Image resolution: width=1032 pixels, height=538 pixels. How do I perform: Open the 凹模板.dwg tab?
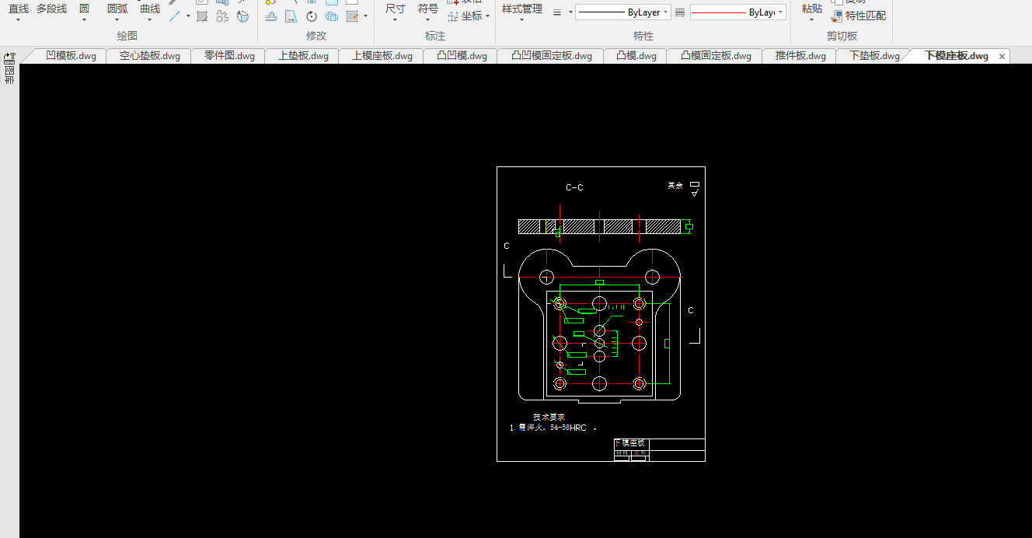click(x=71, y=56)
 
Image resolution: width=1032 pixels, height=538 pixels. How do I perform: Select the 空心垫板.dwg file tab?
click(x=149, y=56)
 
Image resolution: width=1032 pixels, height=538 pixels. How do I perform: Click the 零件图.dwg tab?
click(x=229, y=56)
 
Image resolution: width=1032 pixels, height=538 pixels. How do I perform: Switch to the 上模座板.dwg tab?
click(x=382, y=56)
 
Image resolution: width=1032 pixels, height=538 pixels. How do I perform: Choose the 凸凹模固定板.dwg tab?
click(x=552, y=56)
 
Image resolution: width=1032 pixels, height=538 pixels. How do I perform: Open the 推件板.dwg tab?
click(x=800, y=56)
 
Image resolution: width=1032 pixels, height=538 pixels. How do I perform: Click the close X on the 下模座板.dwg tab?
click(x=1002, y=56)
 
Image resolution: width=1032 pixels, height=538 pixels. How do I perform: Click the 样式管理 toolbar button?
click(x=522, y=9)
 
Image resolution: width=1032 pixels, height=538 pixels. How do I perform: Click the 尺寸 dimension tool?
click(x=395, y=9)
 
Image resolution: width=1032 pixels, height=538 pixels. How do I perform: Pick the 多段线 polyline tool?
click(x=51, y=9)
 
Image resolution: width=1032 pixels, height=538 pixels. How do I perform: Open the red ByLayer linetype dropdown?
click(x=780, y=12)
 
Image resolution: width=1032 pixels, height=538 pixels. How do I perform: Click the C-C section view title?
click(x=574, y=187)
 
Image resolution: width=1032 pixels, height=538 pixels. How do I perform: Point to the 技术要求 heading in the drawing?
click(x=549, y=417)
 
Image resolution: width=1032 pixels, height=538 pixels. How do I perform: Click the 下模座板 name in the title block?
click(x=632, y=442)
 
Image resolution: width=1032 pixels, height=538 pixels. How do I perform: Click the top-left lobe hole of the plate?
click(x=546, y=277)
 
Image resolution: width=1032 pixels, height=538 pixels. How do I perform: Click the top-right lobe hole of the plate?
click(x=652, y=277)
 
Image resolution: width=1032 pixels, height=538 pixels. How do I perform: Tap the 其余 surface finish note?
click(x=675, y=186)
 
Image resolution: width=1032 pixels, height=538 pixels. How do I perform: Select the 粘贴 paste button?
click(x=812, y=9)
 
